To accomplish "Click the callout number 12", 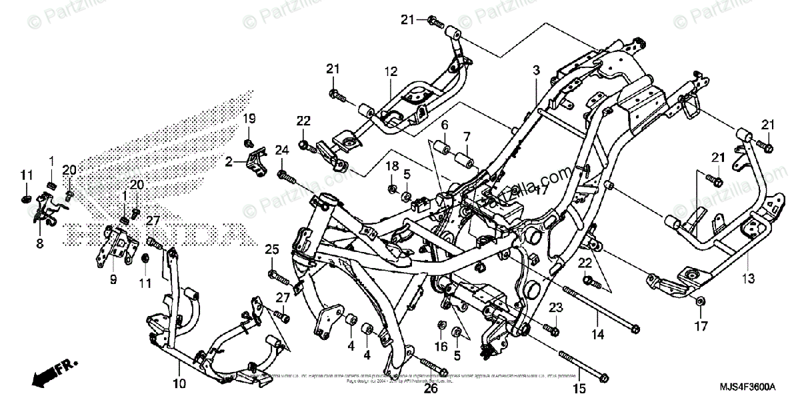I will point(391,71).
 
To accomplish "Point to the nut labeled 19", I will point(249,143).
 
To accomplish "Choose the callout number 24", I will point(281,149).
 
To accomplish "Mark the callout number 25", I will point(271,249).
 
